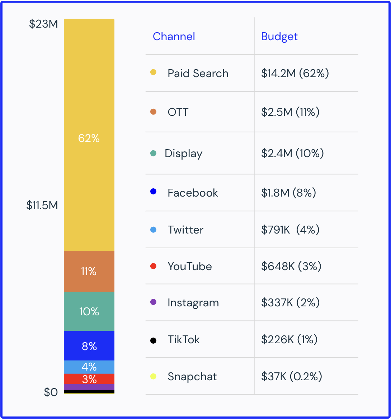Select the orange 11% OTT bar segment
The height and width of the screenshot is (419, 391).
(x=89, y=271)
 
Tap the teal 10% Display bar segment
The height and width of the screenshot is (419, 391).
(x=89, y=311)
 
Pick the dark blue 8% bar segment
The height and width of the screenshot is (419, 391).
(x=89, y=346)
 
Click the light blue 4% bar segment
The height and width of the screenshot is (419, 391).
(x=89, y=367)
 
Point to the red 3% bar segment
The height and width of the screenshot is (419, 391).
(x=89, y=379)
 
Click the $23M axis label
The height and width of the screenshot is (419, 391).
(x=43, y=24)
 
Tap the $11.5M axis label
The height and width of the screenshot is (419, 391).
(x=42, y=205)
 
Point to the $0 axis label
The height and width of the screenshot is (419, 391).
(x=51, y=392)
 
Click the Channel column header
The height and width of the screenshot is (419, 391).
(x=174, y=37)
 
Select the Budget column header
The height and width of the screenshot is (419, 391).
(x=279, y=37)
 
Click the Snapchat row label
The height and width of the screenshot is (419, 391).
(x=192, y=377)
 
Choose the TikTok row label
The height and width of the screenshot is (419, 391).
(x=184, y=340)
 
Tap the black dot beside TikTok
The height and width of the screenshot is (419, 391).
(x=153, y=340)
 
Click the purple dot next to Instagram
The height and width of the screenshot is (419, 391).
(x=153, y=302)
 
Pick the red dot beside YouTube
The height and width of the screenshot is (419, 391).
(x=153, y=266)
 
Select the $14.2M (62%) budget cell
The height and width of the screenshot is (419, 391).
(x=295, y=74)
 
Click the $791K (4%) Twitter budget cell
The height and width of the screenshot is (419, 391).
(x=290, y=230)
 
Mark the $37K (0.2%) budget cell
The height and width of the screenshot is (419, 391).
(x=291, y=377)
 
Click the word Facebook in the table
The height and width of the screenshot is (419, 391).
(x=193, y=193)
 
